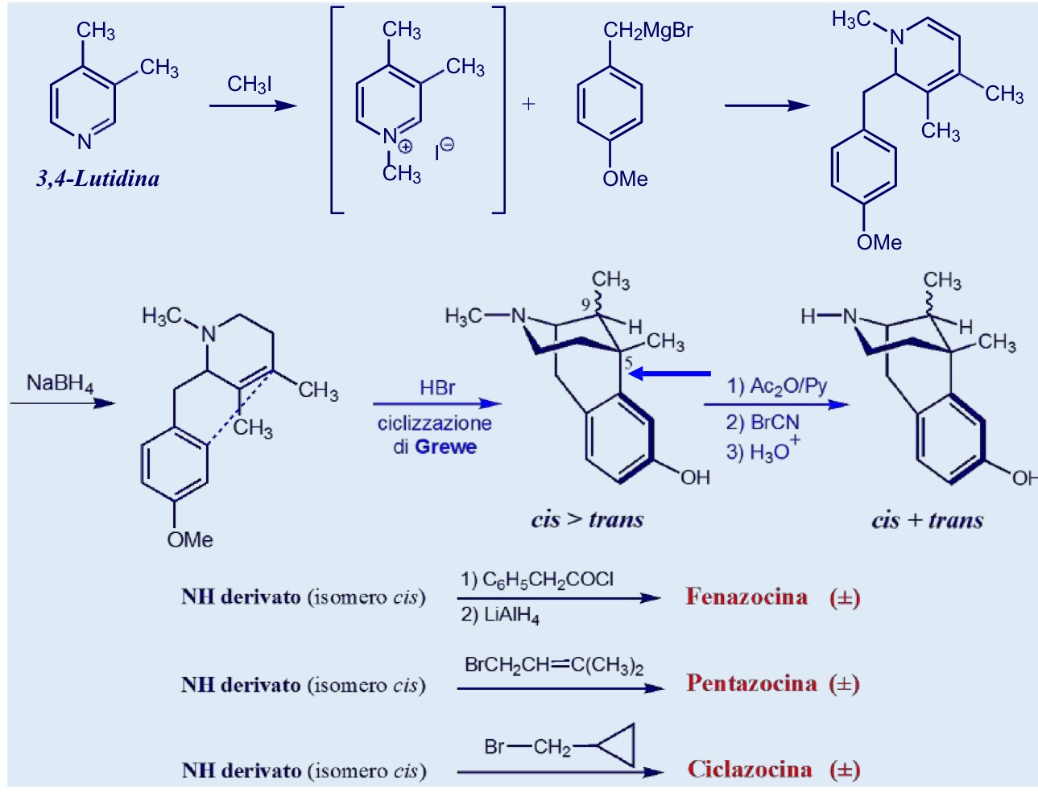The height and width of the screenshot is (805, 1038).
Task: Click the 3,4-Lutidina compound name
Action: click(98, 180)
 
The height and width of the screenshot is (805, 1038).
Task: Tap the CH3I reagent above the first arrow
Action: click(250, 85)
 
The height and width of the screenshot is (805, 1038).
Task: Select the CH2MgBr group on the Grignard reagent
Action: click(647, 31)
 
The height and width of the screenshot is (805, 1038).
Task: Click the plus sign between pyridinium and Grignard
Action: click(528, 104)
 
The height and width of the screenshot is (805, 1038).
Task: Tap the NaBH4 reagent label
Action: click(60, 383)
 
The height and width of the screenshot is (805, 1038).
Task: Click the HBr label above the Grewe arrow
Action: click(437, 388)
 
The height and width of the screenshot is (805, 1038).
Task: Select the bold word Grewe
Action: click(445, 447)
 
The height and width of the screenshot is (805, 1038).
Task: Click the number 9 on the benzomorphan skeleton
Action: click(585, 304)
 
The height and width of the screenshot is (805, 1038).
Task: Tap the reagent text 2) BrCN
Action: click(763, 423)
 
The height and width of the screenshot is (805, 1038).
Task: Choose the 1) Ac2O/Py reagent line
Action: click(776, 386)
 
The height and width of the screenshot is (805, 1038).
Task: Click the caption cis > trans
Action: click(587, 519)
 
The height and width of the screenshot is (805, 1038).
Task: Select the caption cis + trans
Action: click(927, 520)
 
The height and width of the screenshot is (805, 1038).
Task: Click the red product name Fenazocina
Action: click(746, 597)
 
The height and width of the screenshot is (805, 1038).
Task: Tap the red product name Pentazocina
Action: click(751, 683)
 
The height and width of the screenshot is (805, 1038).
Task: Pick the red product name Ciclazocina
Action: click(750, 770)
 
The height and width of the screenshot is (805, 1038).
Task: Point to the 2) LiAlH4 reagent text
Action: click(499, 616)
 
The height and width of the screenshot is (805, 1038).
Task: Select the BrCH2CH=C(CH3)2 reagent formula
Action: click(554, 665)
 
